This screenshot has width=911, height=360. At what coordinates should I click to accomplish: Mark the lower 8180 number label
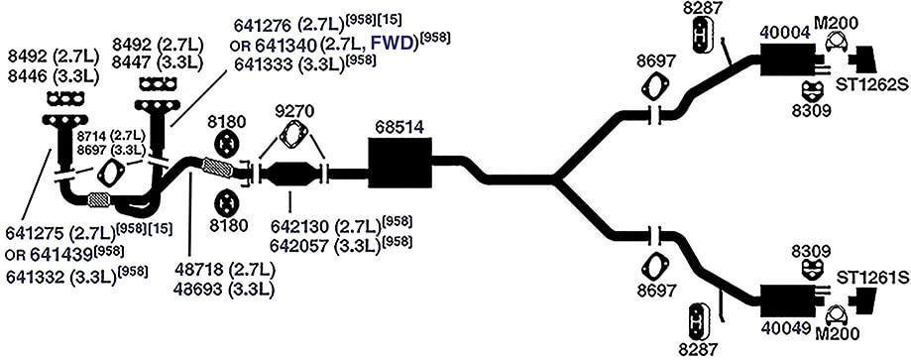tap(227, 226)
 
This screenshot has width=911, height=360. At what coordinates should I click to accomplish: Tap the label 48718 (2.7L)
tap(224, 270)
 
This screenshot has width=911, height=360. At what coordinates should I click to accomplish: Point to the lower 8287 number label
tap(697, 348)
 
